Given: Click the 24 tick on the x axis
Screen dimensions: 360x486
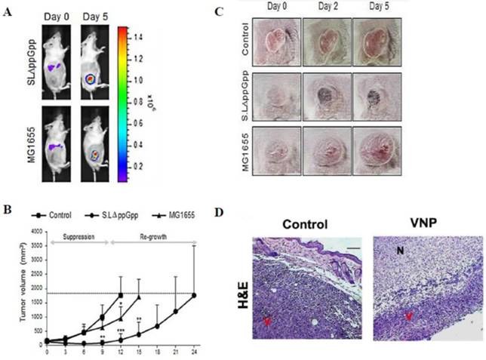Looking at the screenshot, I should pyautogui.click(x=195, y=352).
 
